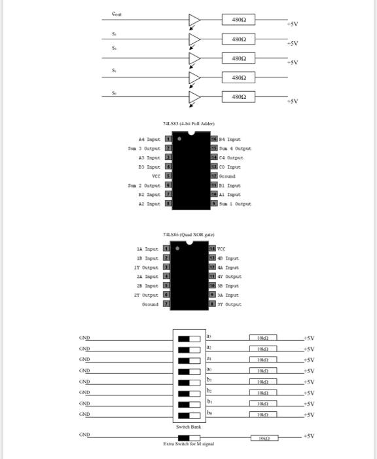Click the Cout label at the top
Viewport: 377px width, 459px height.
click(117, 13)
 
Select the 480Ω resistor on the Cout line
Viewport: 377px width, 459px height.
click(238, 20)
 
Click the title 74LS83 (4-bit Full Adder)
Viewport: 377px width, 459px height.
click(188, 123)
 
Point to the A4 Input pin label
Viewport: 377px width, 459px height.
click(149, 139)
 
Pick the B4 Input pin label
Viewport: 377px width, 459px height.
click(234, 139)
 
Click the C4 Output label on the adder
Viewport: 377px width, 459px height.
click(235, 157)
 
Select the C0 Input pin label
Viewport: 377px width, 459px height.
click(232, 167)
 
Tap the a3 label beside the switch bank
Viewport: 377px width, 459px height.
click(209, 336)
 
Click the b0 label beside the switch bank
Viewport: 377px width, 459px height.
click(209, 413)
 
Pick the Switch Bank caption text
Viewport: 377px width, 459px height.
click(188, 426)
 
